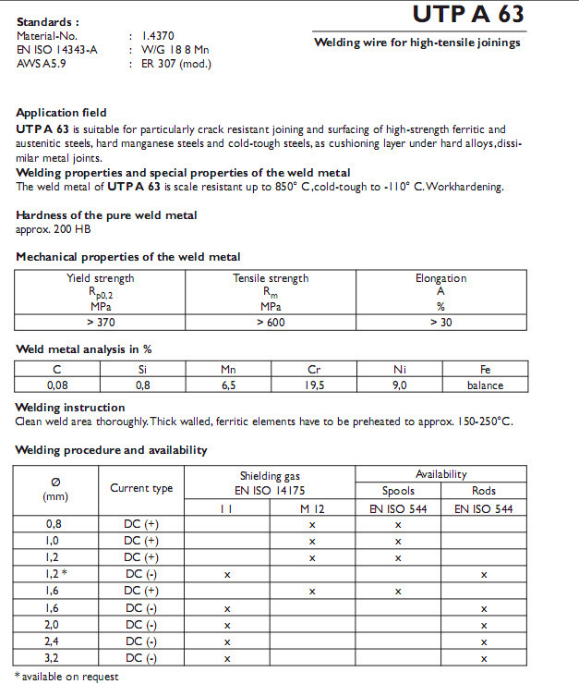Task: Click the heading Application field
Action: [62, 113]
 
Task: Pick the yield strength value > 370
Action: [101, 322]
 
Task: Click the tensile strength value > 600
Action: [271, 322]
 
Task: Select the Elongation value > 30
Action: [440, 322]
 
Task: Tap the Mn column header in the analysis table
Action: [228, 370]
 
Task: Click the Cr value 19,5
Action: [314, 385]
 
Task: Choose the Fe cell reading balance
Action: [484, 385]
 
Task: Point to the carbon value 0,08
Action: [58, 385]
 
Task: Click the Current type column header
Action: [141, 488]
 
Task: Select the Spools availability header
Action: [398, 491]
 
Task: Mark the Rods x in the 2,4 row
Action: [484, 641]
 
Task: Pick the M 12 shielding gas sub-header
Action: [311, 508]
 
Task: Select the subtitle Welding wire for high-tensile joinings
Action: [417, 43]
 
